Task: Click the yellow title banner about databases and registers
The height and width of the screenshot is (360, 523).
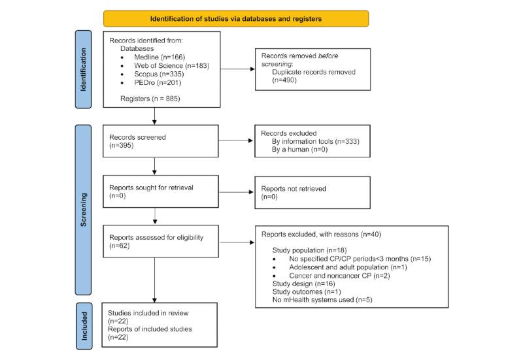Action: [236, 19]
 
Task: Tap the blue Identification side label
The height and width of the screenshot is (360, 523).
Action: [83, 68]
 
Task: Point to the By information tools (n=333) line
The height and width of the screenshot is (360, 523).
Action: [314, 140]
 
